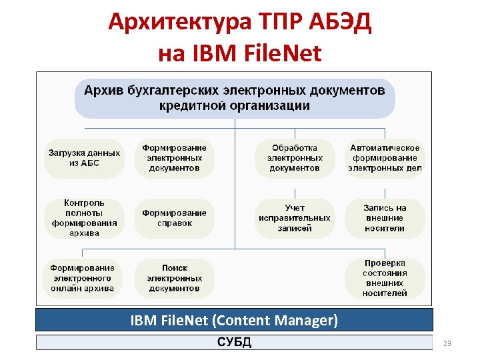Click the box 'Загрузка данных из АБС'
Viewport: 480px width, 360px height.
(x=84, y=158)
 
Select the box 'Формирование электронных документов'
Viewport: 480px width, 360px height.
(x=174, y=158)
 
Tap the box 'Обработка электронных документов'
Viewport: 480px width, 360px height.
(x=295, y=158)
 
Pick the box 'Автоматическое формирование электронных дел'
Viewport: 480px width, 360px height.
(x=385, y=158)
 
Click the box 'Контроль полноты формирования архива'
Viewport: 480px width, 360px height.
(x=84, y=218)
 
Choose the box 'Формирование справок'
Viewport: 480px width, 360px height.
(x=174, y=218)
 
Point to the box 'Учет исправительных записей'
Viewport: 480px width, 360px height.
(x=295, y=218)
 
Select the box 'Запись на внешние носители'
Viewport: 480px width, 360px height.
(x=385, y=218)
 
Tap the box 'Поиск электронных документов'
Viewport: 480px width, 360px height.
(x=174, y=278)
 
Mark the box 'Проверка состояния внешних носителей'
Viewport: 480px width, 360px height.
(x=385, y=278)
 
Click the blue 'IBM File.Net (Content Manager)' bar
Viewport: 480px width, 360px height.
(x=234, y=320)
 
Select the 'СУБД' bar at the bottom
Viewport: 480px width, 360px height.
(x=234, y=343)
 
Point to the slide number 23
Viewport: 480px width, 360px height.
(x=447, y=343)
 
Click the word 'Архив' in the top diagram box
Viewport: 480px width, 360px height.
(x=102, y=90)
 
